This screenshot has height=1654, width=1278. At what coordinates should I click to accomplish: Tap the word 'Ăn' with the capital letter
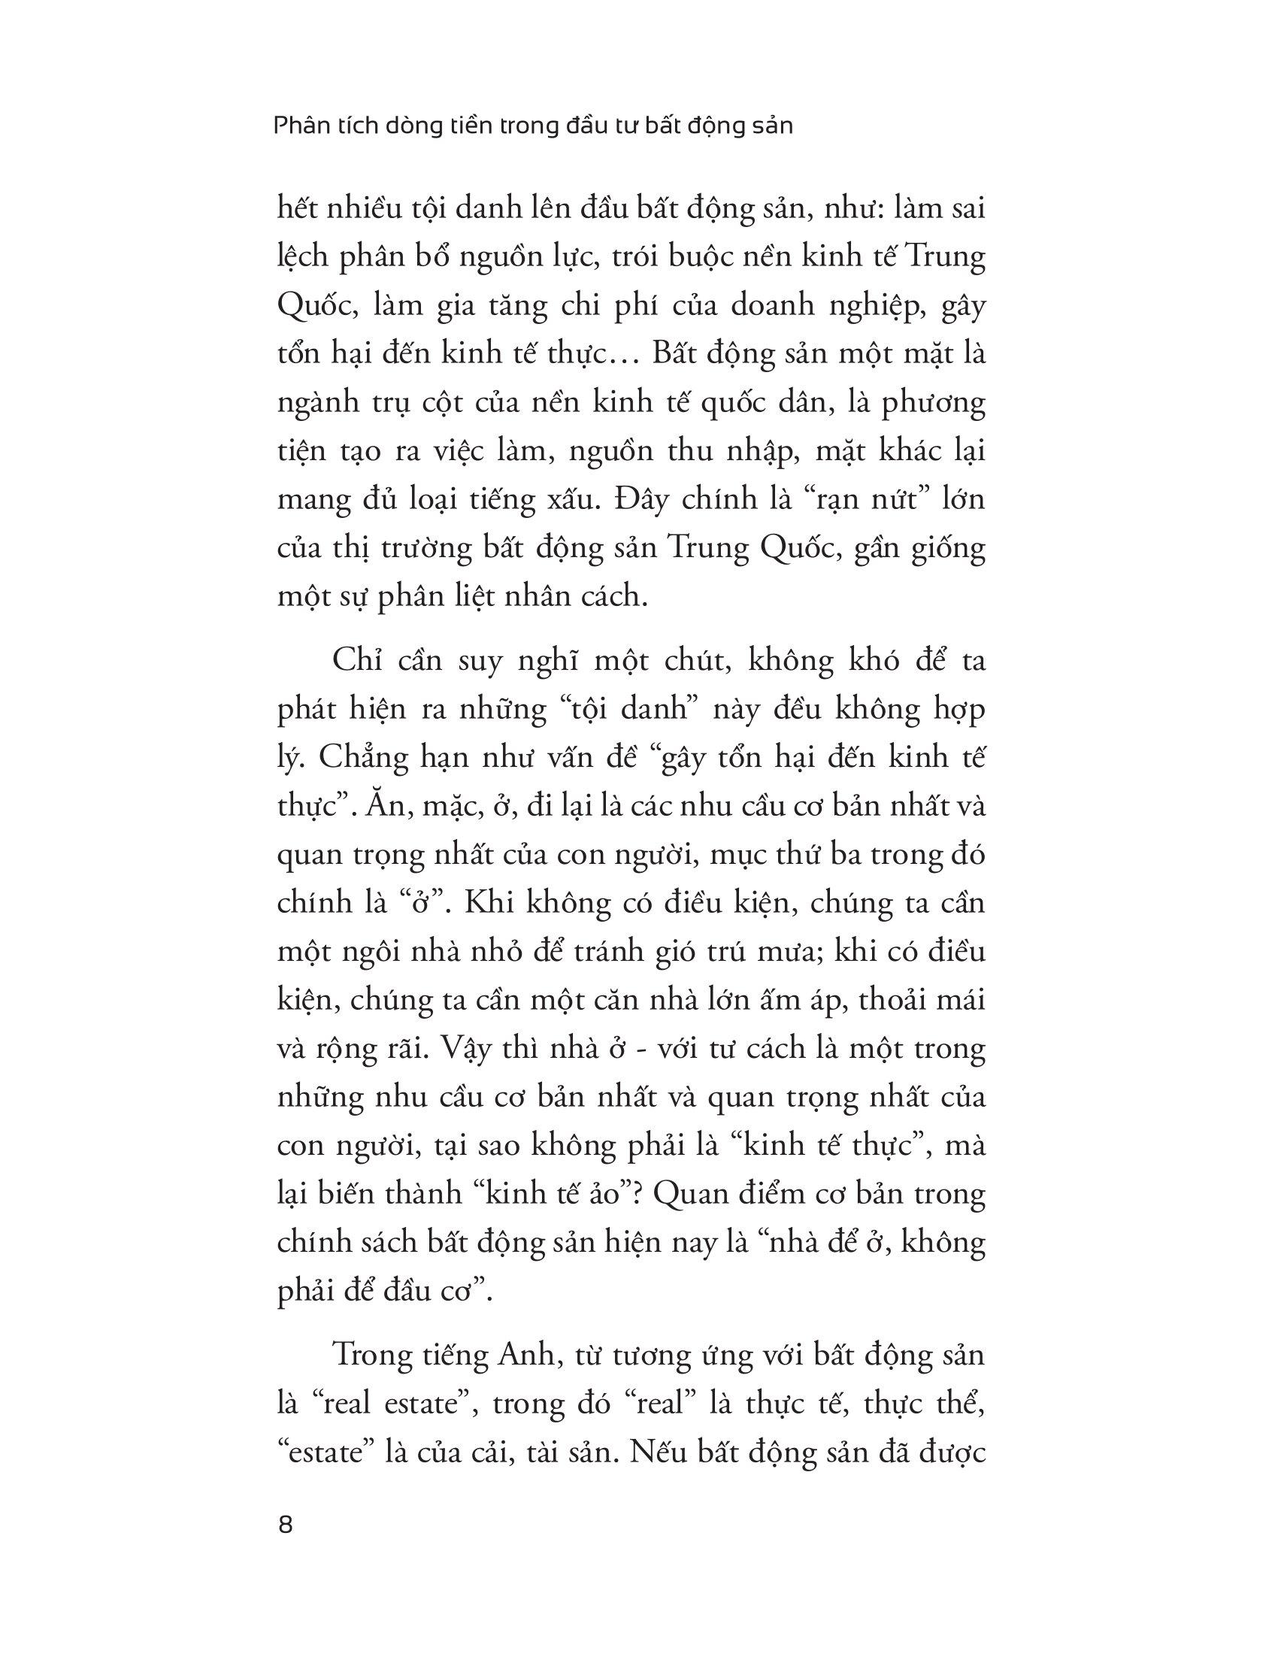pos(384,807)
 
